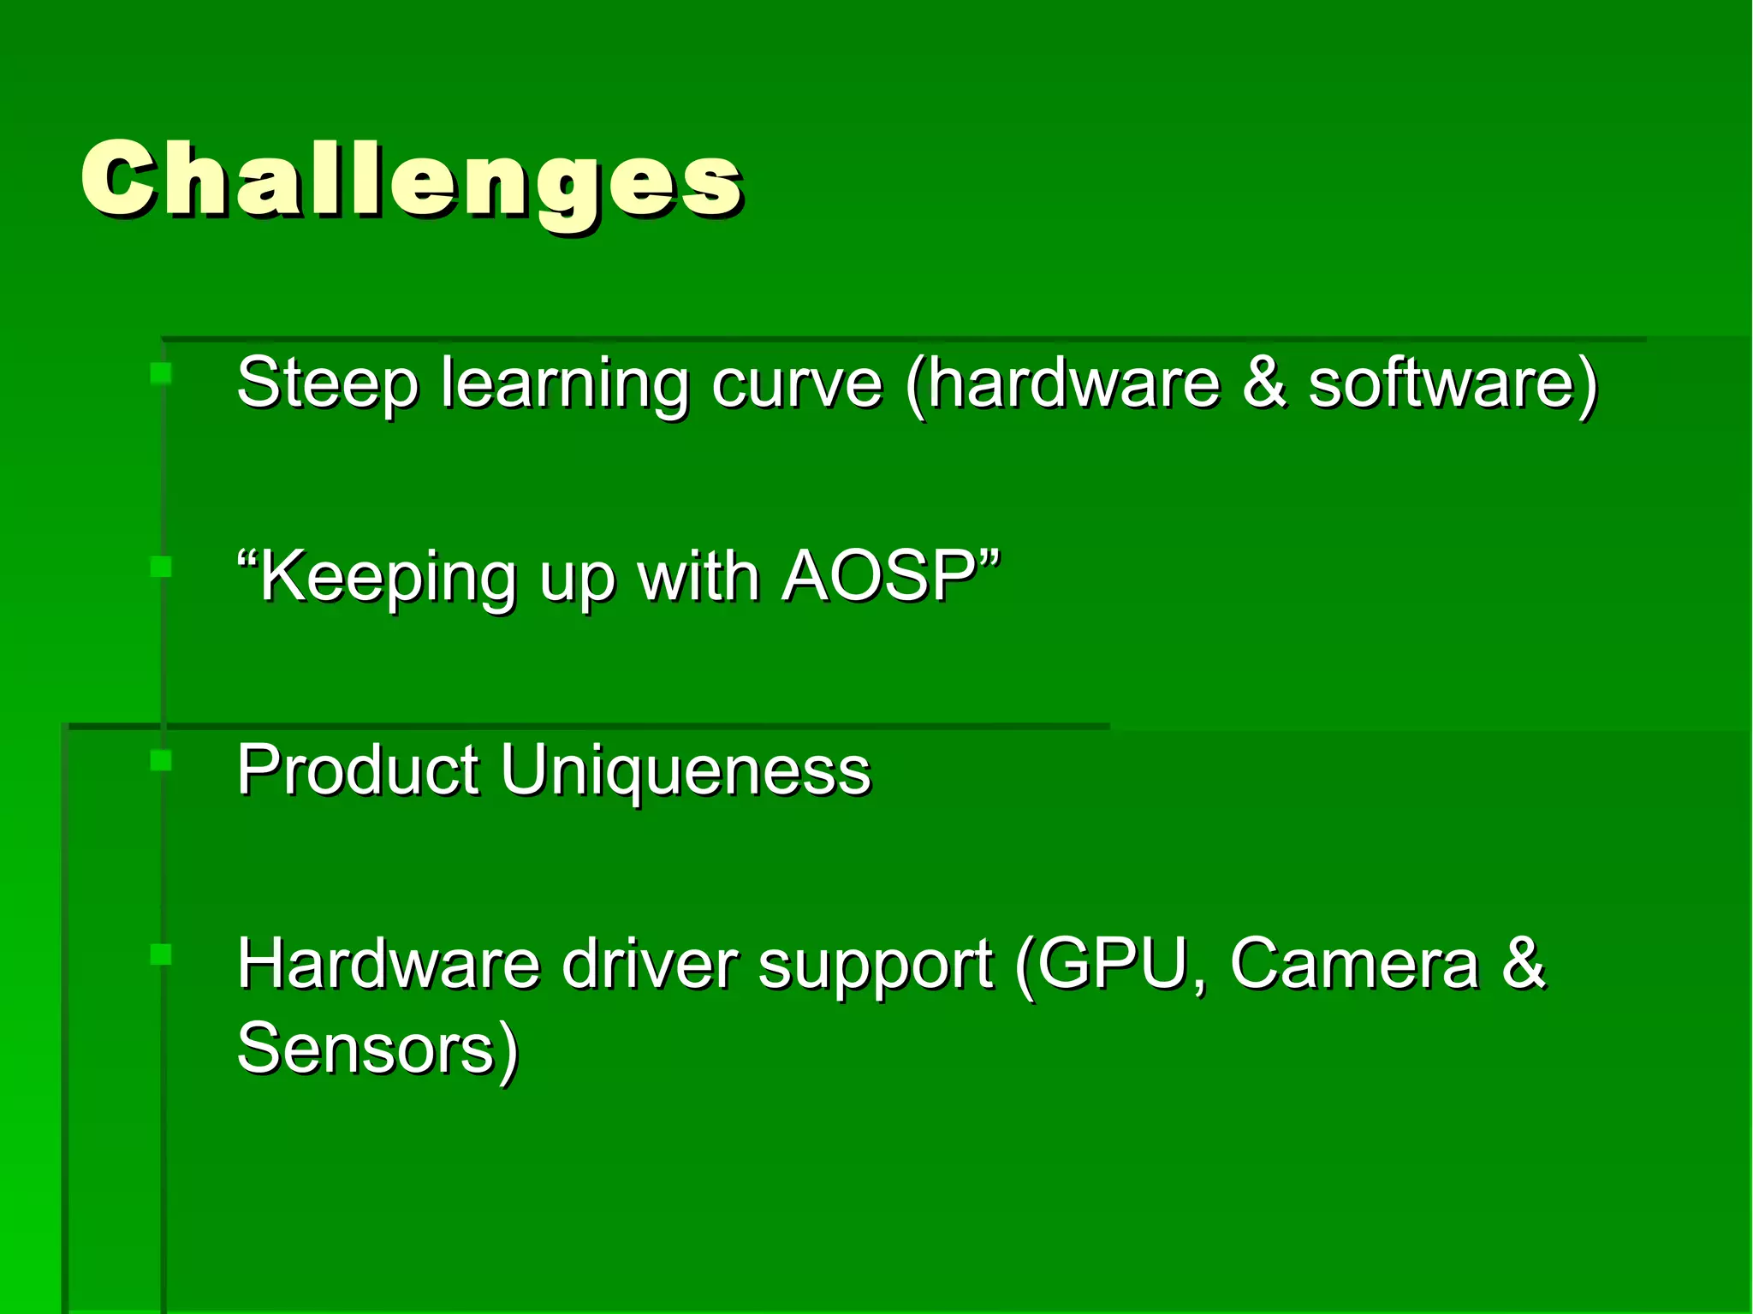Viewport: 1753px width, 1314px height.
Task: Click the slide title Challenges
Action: click(412, 181)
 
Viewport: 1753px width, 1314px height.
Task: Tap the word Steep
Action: click(327, 383)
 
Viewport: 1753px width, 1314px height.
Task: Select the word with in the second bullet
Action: click(698, 576)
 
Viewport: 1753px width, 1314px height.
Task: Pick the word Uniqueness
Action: click(685, 771)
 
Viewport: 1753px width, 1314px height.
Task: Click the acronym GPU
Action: click(1114, 964)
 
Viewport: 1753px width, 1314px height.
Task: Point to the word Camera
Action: click(1354, 964)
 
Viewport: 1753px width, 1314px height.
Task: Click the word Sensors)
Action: click(377, 1048)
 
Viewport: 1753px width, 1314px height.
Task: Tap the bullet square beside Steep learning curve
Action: click(161, 372)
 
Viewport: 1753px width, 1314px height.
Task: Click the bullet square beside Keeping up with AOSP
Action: click(161, 567)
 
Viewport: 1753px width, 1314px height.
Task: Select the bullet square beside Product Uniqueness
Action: click(161, 760)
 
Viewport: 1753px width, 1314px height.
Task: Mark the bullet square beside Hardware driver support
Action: click(161, 954)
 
